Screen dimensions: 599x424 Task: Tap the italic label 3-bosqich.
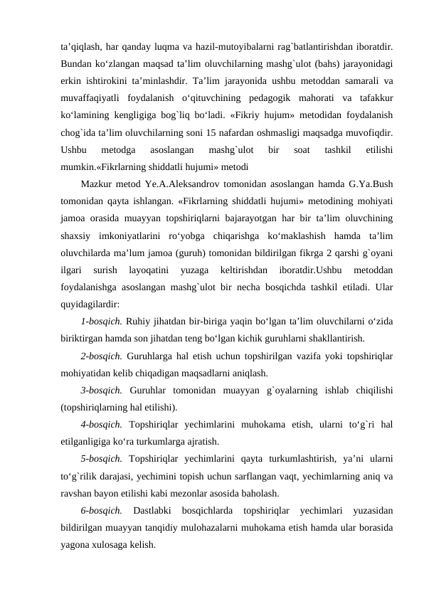click(102, 390)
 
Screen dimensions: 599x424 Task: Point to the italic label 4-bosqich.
click(102, 425)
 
